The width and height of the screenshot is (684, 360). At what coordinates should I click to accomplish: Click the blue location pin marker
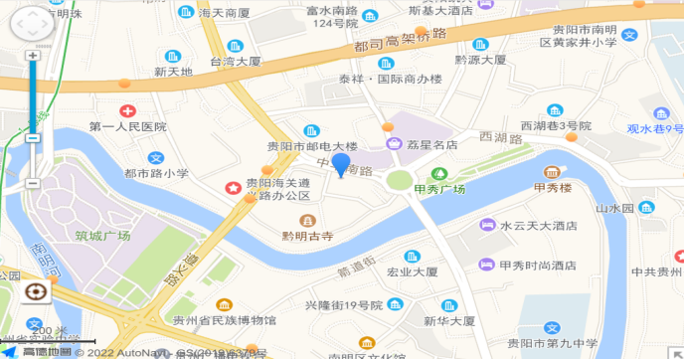coord(341,165)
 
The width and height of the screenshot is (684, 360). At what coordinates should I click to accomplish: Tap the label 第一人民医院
coord(127,127)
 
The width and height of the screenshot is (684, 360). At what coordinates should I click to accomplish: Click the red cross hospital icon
coord(127,111)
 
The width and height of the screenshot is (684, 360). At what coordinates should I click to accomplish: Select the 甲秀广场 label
coord(440,188)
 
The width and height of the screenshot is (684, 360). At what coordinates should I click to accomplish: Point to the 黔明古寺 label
coord(307,236)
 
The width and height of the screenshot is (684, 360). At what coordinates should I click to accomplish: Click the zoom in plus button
coord(33,56)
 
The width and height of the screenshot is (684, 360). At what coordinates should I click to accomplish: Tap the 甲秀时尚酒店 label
coord(537,266)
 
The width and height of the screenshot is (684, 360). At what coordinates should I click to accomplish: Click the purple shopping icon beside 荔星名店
coord(395,144)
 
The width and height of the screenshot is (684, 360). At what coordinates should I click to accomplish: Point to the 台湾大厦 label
coord(235,61)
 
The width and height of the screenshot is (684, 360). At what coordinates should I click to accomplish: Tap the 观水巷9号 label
coord(655,128)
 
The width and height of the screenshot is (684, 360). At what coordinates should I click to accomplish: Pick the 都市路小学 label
coord(156,173)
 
